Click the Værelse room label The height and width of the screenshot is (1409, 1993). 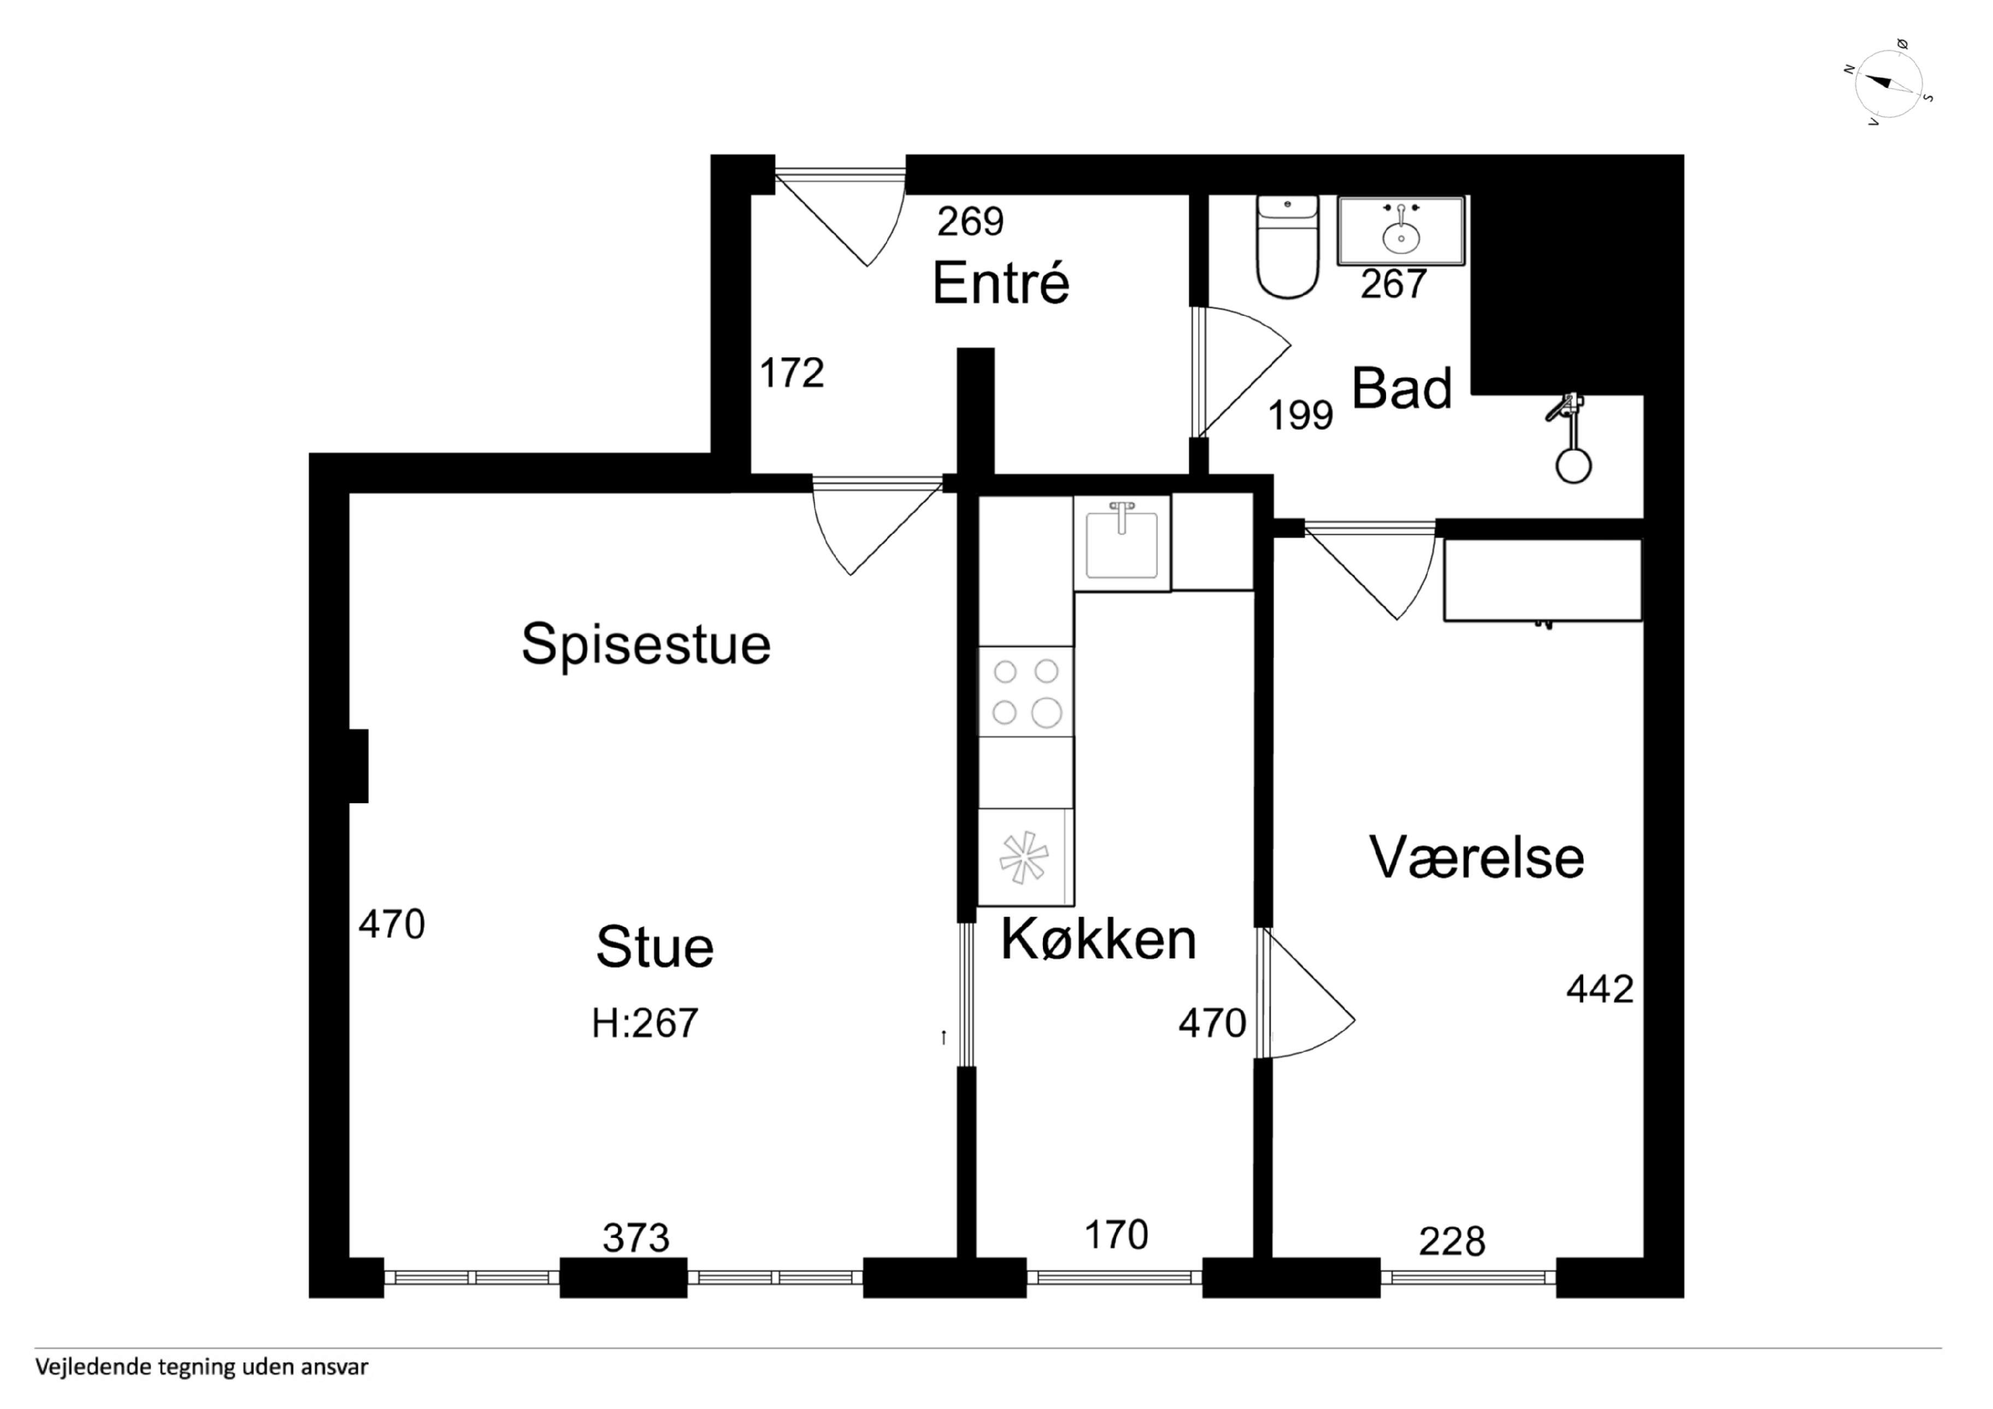[1477, 858]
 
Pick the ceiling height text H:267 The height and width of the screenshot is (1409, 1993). [645, 1023]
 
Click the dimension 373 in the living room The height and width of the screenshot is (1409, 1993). [636, 1238]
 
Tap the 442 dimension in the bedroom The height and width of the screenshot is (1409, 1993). [1600, 989]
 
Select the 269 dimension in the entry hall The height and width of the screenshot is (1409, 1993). [970, 221]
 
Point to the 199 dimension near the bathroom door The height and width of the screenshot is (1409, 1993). [1300, 415]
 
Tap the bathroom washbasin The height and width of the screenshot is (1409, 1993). [1401, 230]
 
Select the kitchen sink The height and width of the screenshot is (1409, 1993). [1122, 544]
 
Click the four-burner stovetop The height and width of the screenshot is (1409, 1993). [1026, 692]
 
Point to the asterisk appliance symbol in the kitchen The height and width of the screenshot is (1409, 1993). [1024, 858]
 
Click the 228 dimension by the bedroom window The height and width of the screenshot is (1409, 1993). [1452, 1242]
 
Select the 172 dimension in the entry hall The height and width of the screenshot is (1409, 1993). [792, 373]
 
